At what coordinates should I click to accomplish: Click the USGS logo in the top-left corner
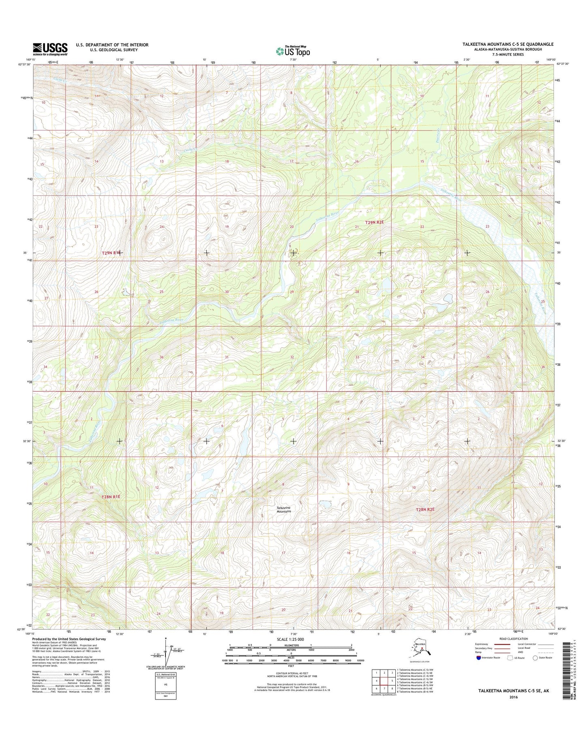point(50,49)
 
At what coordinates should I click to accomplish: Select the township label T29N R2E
point(374,222)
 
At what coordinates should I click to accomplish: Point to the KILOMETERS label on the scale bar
point(291,656)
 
